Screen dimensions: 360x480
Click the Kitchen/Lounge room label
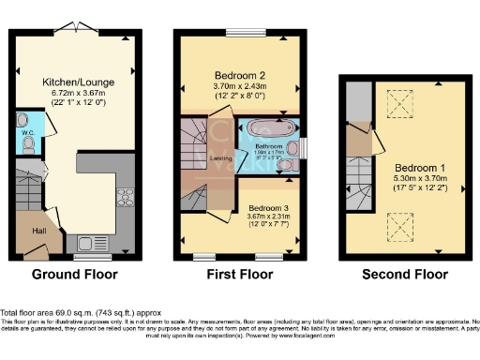[78, 82]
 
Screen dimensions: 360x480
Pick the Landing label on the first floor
[222, 158]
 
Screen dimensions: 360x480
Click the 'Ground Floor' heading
[75, 276]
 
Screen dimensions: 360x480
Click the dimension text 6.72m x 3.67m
[78, 93]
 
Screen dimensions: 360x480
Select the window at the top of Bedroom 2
[240, 34]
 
